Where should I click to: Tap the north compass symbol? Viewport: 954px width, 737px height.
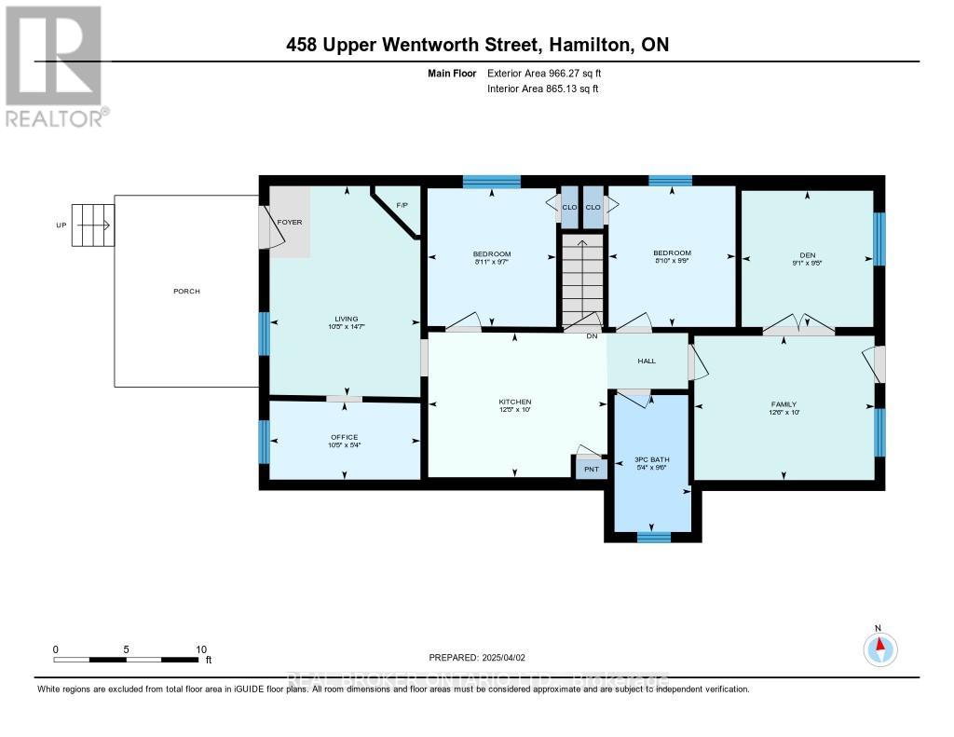pyautogui.click(x=879, y=647)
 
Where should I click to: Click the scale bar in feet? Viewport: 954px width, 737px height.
pyautogui.click(x=127, y=659)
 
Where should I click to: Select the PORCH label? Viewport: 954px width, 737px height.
pyautogui.click(x=186, y=291)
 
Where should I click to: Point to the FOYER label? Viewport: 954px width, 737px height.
pyautogui.click(x=290, y=223)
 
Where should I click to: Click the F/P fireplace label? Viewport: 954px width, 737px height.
pyautogui.click(x=402, y=205)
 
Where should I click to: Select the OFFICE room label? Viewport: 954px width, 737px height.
pyautogui.click(x=344, y=437)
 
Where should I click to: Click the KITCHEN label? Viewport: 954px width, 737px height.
pyautogui.click(x=514, y=402)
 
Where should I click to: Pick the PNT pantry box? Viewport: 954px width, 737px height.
pyautogui.click(x=591, y=468)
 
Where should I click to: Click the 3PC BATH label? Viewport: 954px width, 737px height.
pyautogui.click(x=652, y=460)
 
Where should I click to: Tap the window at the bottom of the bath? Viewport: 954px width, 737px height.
pyautogui.click(x=653, y=536)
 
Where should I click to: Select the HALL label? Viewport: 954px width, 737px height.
pyautogui.click(x=647, y=362)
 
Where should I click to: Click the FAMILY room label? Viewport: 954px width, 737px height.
pyautogui.click(x=783, y=404)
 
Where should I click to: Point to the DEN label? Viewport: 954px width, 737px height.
pyautogui.click(x=807, y=253)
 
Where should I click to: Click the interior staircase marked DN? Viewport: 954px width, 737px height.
pyautogui.click(x=583, y=280)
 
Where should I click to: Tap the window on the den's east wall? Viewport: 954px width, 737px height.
pyautogui.click(x=879, y=239)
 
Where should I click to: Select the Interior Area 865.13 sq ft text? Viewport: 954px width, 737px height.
pyautogui.click(x=542, y=89)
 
